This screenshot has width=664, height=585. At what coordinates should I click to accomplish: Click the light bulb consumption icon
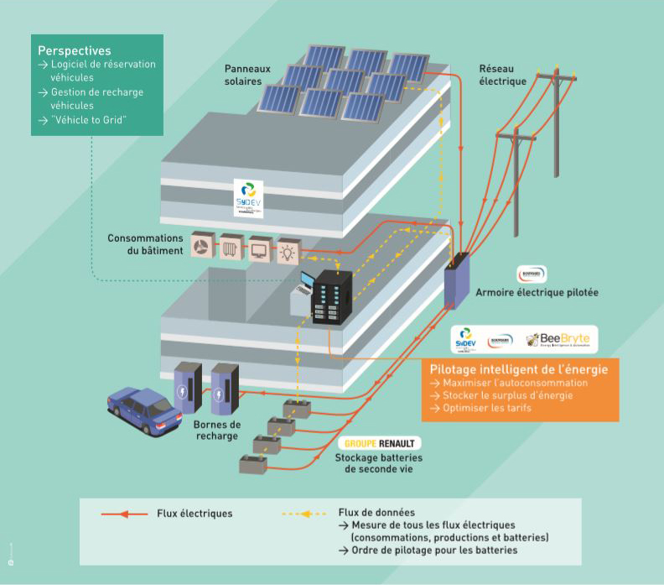[x=288, y=249]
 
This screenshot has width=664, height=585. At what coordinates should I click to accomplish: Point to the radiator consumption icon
[x=231, y=247]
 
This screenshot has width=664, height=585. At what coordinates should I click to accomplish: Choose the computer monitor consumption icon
[x=260, y=248]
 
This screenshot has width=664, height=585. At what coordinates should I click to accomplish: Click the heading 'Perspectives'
[x=75, y=51]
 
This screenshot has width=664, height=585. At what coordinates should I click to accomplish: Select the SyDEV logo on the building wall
[x=249, y=199]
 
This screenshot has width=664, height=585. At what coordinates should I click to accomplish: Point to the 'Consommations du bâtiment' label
[x=144, y=244]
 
